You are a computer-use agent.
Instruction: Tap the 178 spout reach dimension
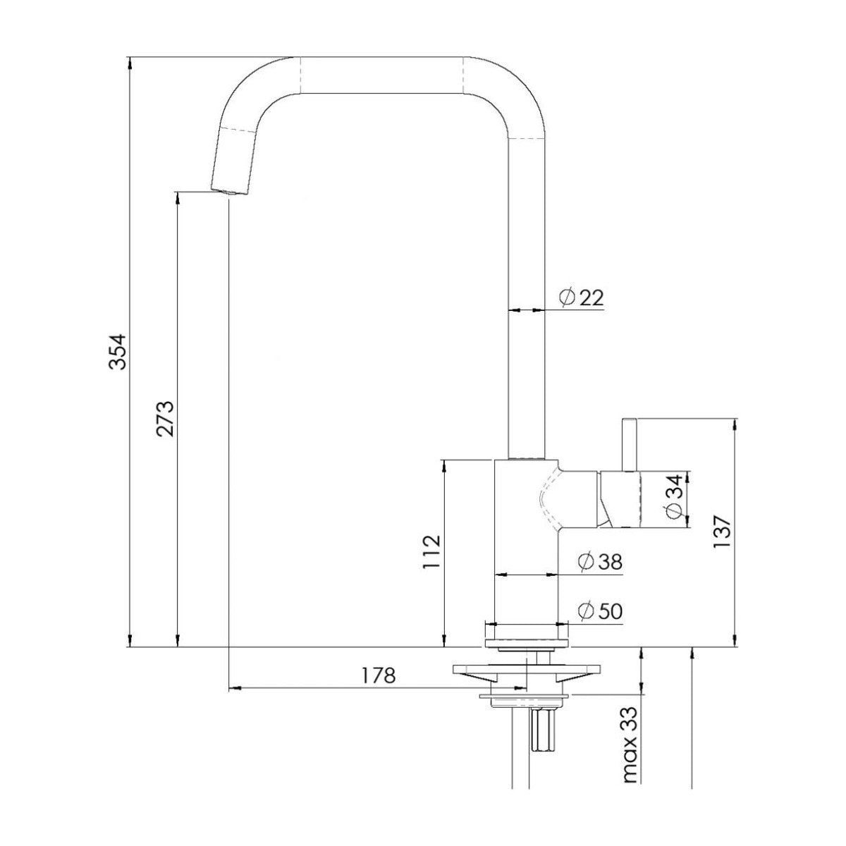coord(378,675)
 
